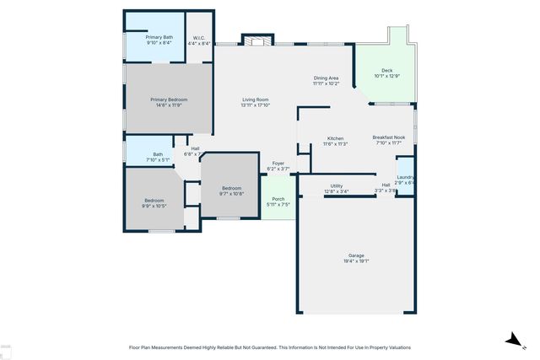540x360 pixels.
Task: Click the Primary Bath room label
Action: (x=159, y=37)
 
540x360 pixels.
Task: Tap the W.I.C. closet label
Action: (x=199, y=37)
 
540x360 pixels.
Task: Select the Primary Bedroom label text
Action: (x=169, y=99)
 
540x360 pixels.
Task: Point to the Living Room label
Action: (x=255, y=99)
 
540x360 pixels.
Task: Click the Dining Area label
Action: (x=326, y=78)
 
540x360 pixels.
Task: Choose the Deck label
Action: (x=386, y=71)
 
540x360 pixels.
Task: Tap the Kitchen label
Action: (x=335, y=138)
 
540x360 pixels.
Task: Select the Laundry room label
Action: (x=405, y=176)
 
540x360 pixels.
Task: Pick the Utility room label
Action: (x=336, y=185)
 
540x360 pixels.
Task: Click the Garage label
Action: (x=356, y=255)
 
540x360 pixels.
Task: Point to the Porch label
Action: (x=278, y=199)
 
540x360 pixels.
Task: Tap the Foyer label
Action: (x=278, y=164)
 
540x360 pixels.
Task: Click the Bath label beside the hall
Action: (x=158, y=154)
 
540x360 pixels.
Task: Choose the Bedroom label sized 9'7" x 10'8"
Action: (x=231, y=188)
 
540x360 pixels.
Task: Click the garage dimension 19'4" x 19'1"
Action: (x=356, y=261)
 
